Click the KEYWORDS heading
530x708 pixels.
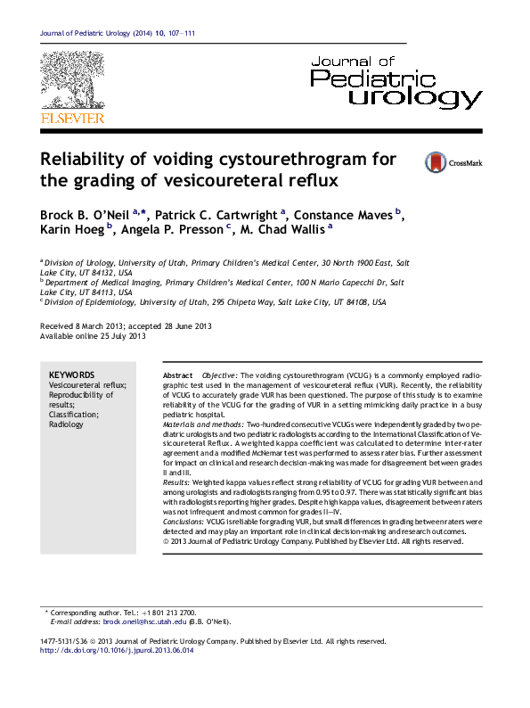72,375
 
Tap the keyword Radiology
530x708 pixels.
67,424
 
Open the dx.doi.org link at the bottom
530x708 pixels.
117,650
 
